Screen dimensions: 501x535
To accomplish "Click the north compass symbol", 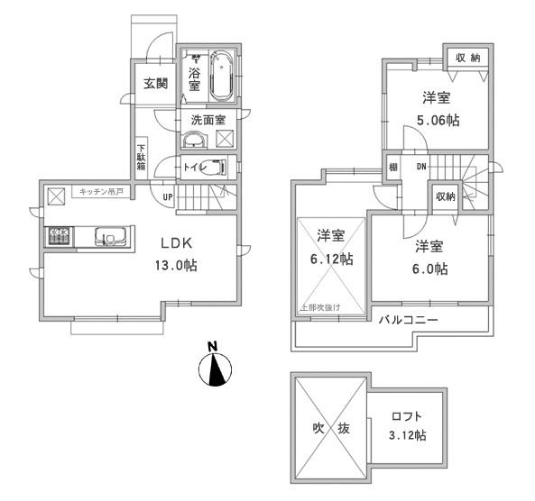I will tap(215, 366).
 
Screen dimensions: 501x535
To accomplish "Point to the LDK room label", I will tap(179, 243).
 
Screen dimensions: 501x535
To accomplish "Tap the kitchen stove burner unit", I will tap(60, 237).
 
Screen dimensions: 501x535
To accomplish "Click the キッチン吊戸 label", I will tap(100, 191).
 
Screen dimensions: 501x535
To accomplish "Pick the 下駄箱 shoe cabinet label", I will tap(141, 159).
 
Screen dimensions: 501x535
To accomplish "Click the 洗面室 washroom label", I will tap(208, 120).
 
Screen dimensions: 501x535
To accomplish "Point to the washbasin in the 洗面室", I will tap(193, 140).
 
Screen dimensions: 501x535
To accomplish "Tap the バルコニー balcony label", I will tap(408, 320).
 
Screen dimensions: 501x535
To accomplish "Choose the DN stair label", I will tap(420, 167).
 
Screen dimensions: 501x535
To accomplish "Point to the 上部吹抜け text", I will tap(319, 308).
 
